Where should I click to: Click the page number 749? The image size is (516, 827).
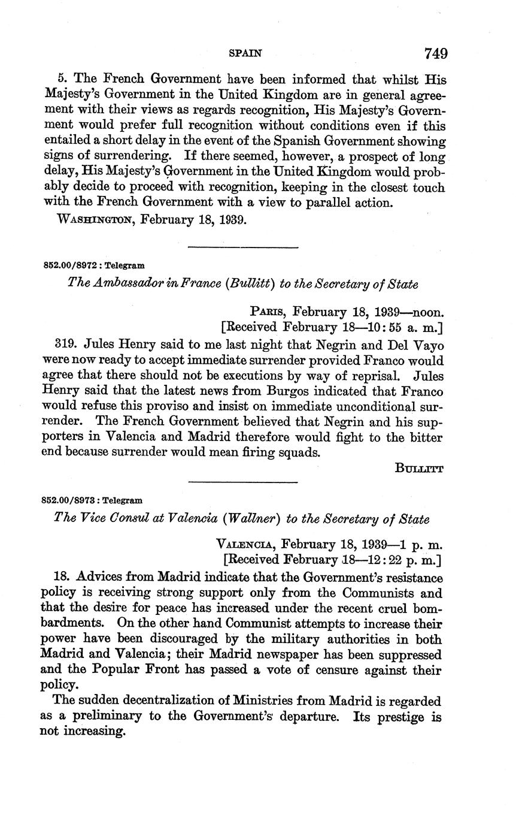[436, 53]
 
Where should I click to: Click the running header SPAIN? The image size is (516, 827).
[245, 53]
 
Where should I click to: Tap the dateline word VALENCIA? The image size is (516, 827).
[245, 545]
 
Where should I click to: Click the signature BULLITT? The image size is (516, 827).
[419, 469]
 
